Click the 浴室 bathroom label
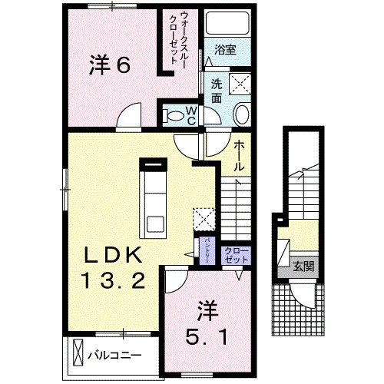225,50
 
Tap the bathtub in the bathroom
227,23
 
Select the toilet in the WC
174,116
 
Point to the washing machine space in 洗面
240,84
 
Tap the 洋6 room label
110,65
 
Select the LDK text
114,255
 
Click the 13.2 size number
114,280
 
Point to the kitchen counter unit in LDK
153,199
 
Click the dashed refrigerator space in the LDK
204,219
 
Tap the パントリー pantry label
207,251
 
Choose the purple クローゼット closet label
236,256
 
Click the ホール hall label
239,156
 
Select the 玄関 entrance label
303,266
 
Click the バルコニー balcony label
114,356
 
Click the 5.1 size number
207,337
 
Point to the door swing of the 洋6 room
129,115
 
